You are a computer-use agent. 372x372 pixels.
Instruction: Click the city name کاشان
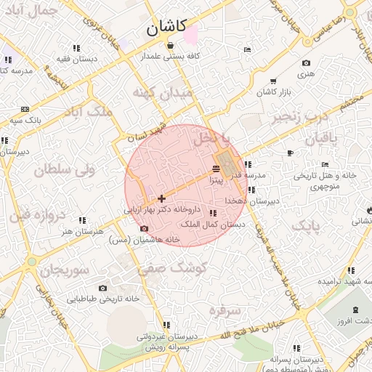[x=166, y=28]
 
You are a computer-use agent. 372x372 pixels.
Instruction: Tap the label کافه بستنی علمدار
[x=171, y=55]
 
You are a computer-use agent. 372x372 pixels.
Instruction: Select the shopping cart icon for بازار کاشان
[x=273, y=81]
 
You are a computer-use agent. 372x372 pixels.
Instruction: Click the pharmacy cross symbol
[x=161, y=198]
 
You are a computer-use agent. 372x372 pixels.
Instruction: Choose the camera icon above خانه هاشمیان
[x=144, y=229]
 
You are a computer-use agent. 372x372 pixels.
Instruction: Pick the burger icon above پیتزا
[x=216, y=169]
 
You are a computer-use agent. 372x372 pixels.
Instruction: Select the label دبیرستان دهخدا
[x=250, y=200]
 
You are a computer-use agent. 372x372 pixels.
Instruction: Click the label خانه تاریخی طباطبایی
[x=102, y=299]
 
